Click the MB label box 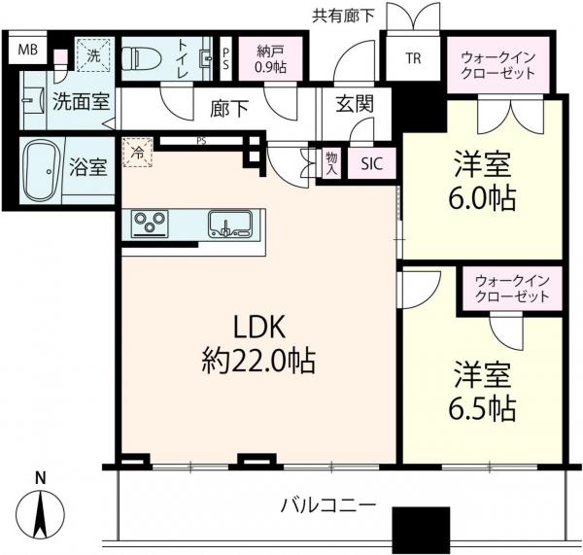[30, 50]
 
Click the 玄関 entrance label [351, 104]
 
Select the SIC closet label [372, 165]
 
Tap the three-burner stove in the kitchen [153, 224]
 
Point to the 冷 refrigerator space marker [137, 153]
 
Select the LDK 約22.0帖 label [257, 345]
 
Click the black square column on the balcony [420, 531]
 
